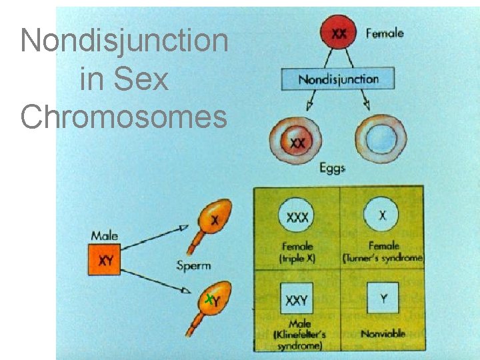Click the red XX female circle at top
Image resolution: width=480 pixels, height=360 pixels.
tap(339, 34)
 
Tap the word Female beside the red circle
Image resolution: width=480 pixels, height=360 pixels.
tap(385, 32)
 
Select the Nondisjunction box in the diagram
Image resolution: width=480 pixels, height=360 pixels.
tap(338, 79)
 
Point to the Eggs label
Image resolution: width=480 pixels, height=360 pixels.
tap(332, 169)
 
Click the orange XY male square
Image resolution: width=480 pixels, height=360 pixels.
tap(105, 261)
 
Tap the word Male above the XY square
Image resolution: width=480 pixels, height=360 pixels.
tap(105, 235)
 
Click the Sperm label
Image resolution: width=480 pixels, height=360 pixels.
tap(193, 265)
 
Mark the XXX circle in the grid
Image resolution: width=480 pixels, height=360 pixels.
tap(297, 217)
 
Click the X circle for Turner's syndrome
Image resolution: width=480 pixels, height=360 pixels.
tap(382, 216)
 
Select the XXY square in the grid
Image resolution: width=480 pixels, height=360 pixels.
tap(296, 300)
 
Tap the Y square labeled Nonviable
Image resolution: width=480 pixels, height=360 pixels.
tap(383, 299)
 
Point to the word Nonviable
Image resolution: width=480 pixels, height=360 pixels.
tap(383, 333)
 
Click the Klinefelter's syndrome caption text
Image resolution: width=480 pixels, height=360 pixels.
tap(297, 335)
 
